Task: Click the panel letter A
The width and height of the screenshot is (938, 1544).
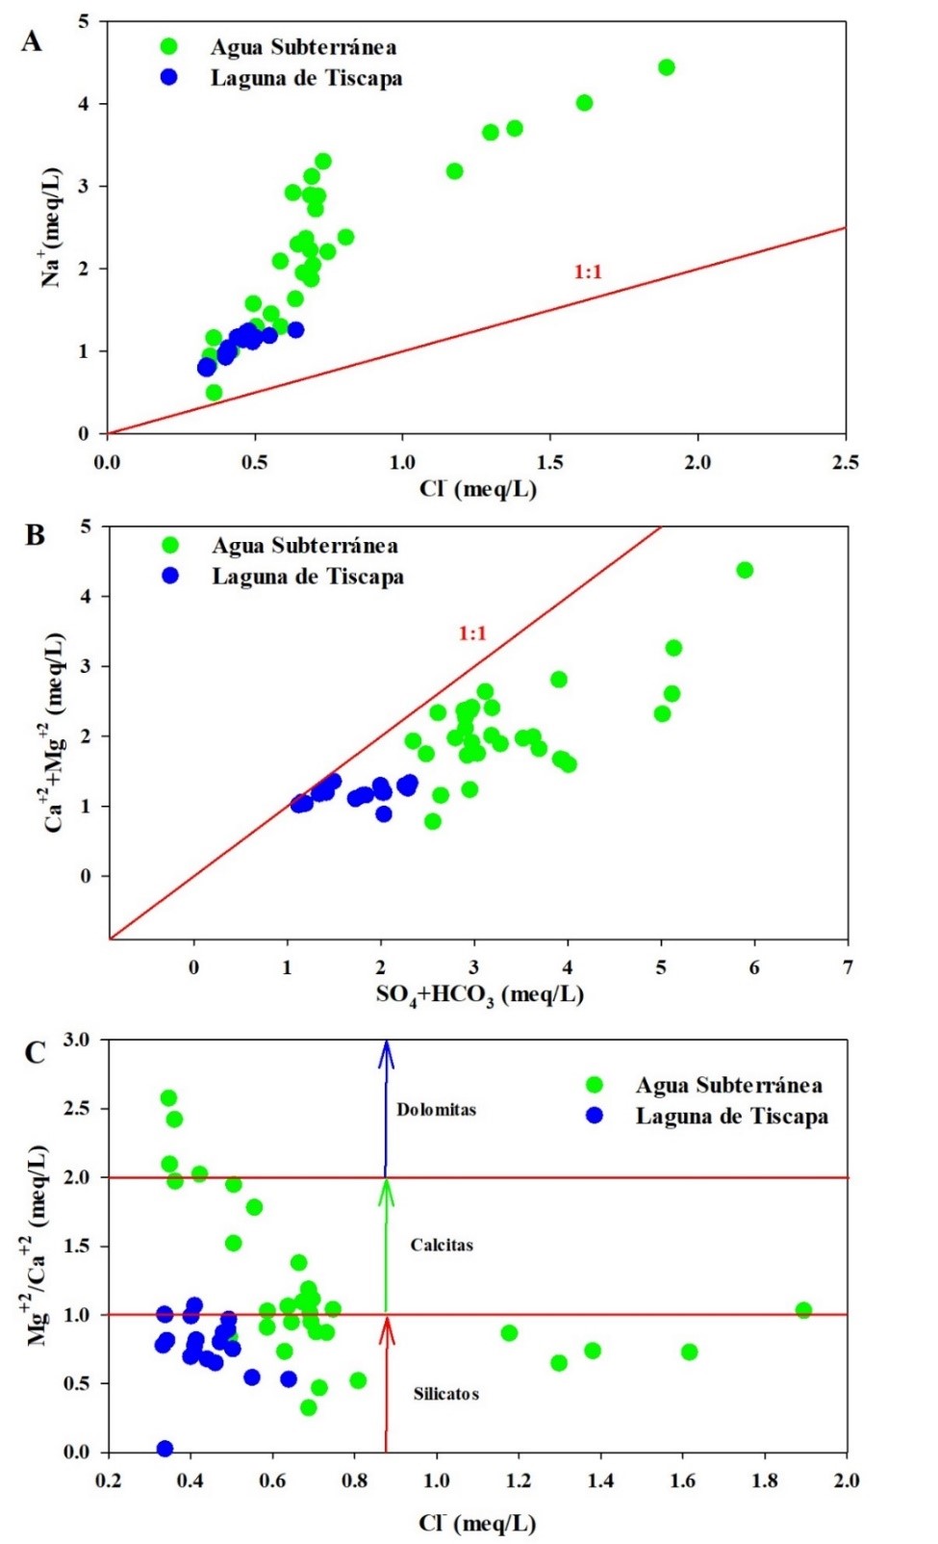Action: [x=32, y=41]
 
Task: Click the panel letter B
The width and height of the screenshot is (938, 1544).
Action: [x=36, y=535]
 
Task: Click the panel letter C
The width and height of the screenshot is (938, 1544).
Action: [x=35, y=1053]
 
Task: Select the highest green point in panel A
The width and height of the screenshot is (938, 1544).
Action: [x=666, y=67]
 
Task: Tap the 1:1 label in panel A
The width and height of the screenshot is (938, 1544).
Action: [x=588, y=272]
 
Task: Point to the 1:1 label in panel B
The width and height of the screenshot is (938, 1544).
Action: [x=472, y=633]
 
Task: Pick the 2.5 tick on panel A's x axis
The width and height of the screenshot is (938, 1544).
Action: [x=845, y=463]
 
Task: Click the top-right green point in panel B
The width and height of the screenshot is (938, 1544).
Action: [x=744, y=570]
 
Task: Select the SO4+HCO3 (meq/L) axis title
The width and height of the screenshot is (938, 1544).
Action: [x=479, y=994]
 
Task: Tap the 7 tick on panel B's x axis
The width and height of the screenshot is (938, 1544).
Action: [x=847, y=967]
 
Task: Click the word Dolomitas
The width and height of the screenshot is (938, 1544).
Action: [x=436, y=1110]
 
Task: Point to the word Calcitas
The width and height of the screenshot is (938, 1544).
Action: [x=442, y=1246]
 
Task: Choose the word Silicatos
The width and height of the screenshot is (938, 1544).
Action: [x=445, y=1394]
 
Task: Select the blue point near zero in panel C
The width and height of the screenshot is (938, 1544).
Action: [x=165, y=1449]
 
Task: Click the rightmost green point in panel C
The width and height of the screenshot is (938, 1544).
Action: [x=803, y=1310]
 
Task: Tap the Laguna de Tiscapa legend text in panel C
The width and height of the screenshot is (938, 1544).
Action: [x=731, y=1117]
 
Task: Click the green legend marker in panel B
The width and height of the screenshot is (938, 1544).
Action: [x=170, y=546]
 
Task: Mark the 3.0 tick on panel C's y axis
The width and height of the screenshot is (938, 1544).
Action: [x=77, y=1041]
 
